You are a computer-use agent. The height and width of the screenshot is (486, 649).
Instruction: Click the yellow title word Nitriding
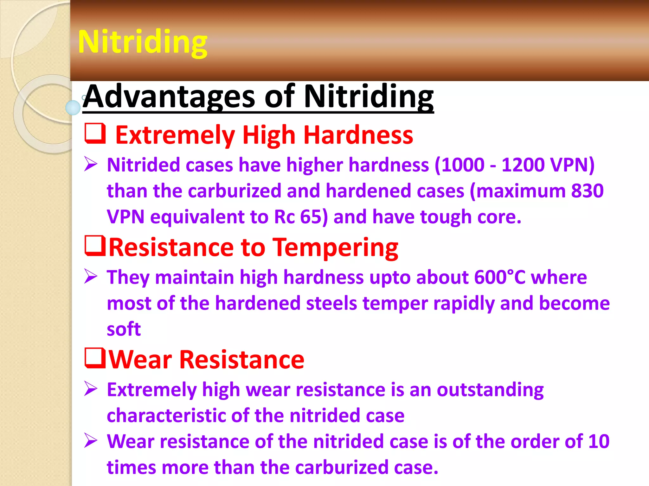143,42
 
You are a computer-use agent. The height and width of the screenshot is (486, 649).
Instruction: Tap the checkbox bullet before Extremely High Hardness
95,134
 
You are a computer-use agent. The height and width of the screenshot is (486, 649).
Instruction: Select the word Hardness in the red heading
358,135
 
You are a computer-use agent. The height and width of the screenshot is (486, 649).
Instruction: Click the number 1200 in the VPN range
523,165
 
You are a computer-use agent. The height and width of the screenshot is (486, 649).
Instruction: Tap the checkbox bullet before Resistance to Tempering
95,246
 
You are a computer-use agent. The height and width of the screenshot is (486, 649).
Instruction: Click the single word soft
124,329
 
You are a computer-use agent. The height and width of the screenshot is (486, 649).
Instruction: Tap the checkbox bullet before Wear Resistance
95,358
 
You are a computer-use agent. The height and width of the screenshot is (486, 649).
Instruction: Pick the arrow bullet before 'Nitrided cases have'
91,164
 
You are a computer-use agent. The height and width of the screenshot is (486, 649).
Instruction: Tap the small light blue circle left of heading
73,108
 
